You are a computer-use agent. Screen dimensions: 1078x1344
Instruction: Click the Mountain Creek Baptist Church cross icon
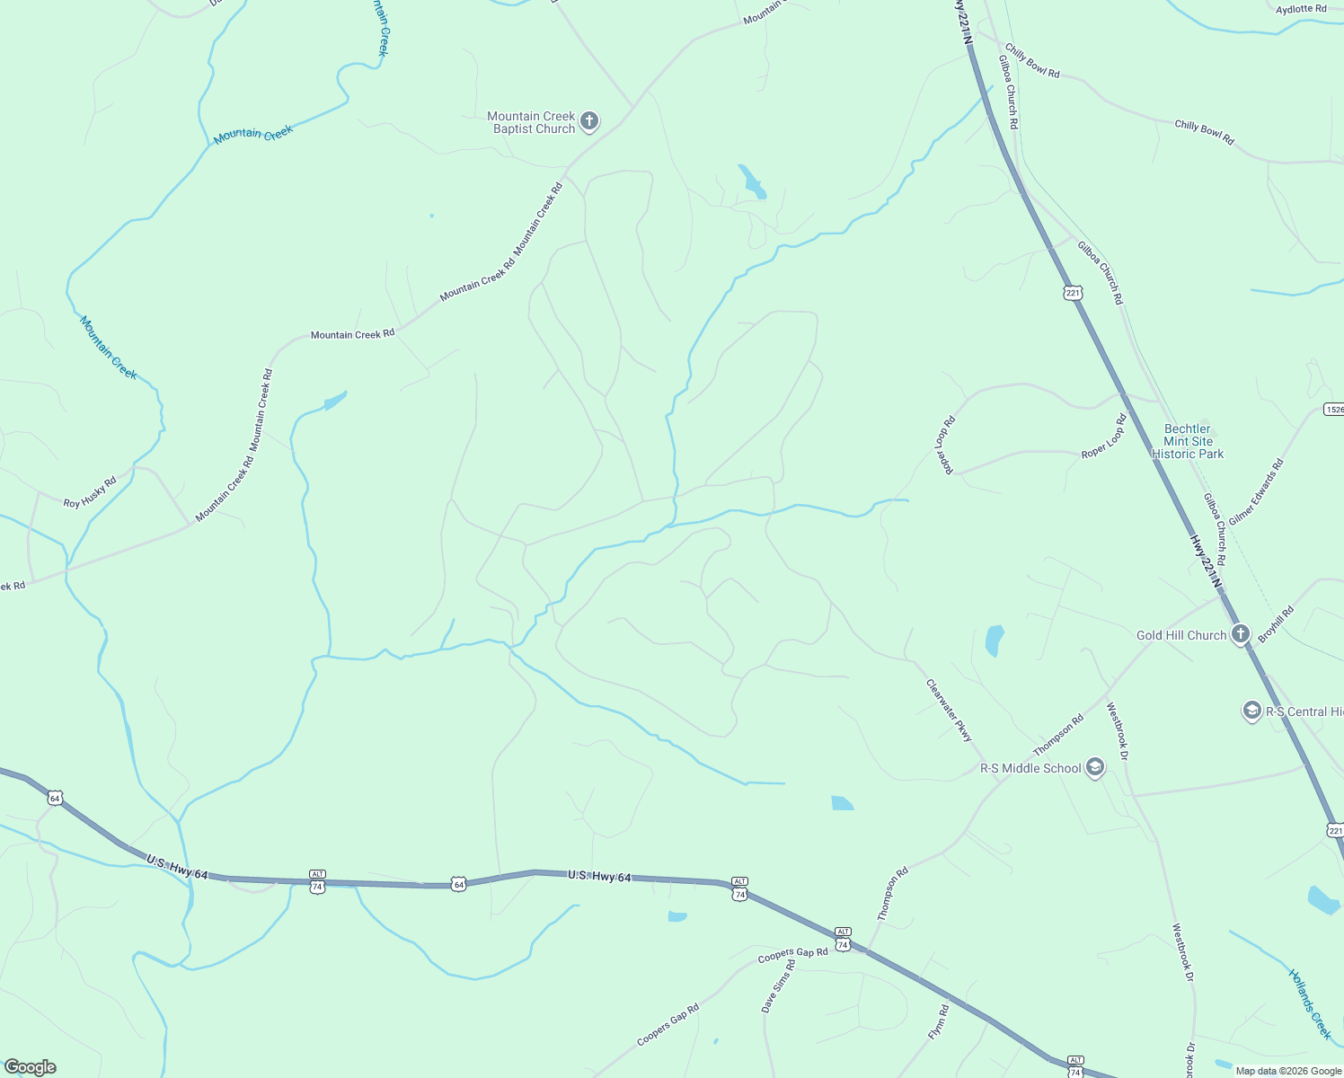[589, 121]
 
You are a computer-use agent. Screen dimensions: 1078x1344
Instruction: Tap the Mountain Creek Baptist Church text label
[531, 122]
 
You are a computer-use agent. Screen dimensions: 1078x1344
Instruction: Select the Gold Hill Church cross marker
[1240, 634]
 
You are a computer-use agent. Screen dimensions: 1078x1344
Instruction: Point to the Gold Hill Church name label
[1180, 635]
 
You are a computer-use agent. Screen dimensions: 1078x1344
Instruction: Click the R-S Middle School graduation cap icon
[1094, 767]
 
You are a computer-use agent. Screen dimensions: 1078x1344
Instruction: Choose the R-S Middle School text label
[1030, 768]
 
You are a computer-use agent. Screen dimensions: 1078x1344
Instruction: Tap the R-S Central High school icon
[1251, 711]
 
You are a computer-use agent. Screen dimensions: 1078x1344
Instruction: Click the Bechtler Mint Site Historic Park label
[1188, 441]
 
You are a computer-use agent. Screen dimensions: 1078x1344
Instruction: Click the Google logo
[31, 1067]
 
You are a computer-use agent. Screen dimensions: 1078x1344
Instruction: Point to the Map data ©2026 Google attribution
[1287, 1071]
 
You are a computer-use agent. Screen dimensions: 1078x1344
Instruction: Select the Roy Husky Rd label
[90, 492]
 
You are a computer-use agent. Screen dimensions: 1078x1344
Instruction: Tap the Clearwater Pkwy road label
[949, 710]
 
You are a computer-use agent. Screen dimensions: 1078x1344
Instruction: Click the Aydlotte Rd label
[1301, 9]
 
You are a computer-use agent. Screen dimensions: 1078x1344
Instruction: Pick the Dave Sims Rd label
[778, 986]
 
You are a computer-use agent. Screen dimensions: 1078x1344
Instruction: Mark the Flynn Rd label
[938, 1022]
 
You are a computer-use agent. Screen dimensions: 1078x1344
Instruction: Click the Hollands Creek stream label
[1309, 1003]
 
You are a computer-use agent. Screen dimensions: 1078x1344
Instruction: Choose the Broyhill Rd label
[1275, 623]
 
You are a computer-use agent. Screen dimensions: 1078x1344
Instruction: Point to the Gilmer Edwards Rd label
[1256, 491]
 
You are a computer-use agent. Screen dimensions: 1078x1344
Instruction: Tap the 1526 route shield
[1334, 409]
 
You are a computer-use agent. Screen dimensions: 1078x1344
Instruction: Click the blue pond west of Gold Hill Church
[994, 641]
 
